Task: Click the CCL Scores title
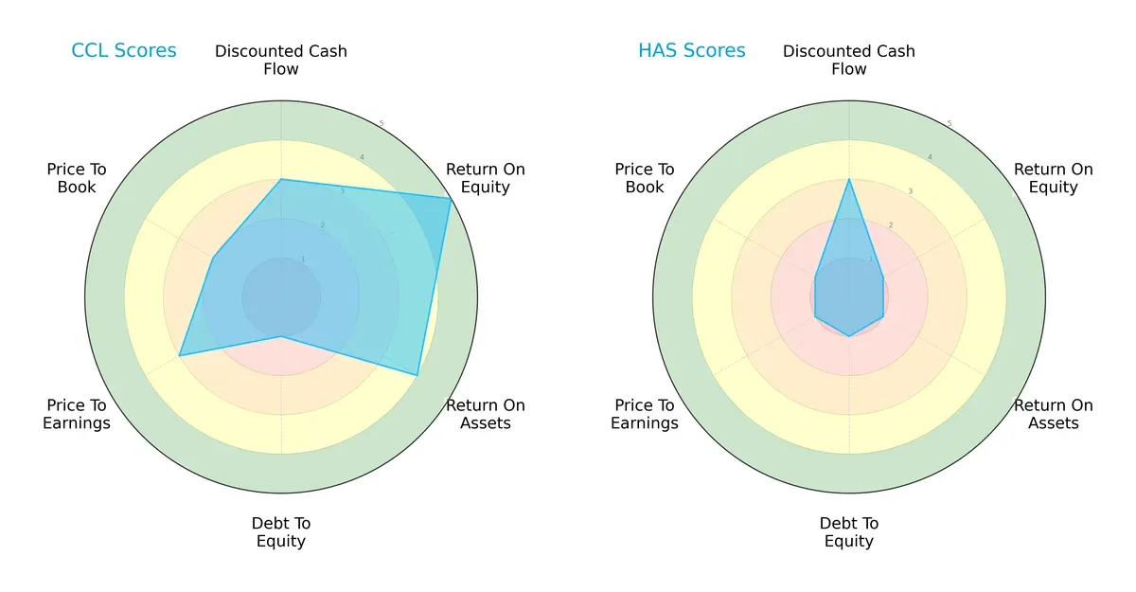(124, 50)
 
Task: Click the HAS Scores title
(692, 50)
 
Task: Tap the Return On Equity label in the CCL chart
(486, 178)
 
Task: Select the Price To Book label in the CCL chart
(77, 178)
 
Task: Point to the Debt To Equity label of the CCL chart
(281, 532)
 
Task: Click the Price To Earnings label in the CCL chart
(77, 414)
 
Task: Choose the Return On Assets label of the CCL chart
(486, 414)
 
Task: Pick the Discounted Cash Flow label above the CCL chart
(281, 60)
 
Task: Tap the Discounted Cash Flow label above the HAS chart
(849, 60)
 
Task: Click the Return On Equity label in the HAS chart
(1054, 178)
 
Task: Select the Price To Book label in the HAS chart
(645, 178)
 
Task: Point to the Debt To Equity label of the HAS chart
(849, 532)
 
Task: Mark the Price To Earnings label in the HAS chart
(645, 414)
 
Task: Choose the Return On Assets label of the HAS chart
(1054, 414)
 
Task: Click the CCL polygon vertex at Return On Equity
(451, 198)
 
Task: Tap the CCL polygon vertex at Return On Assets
(417, 375)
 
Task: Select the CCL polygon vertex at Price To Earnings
(180, 355)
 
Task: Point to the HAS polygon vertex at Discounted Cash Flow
(849, 179)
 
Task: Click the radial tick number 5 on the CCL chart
(382, 124)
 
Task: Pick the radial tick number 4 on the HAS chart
(930, 157)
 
